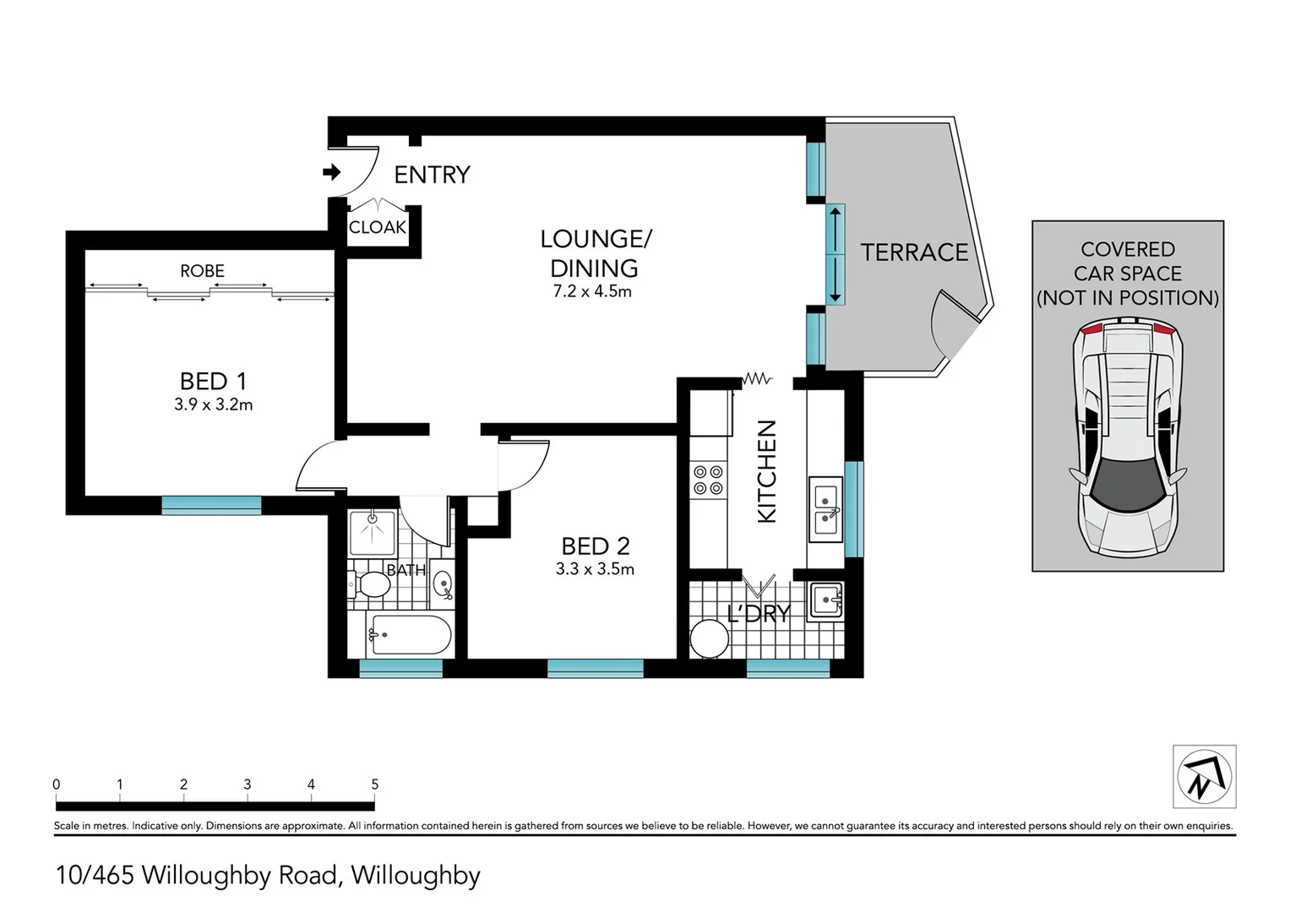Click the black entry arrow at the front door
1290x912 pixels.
pos(331,173)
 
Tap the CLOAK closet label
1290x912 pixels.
pos(378,228)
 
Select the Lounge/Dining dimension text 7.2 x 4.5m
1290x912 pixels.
pos(593,292)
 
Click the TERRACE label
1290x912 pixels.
pos(913,252)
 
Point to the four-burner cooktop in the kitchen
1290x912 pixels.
pos(708,480)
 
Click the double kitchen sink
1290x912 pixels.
pos(825,508)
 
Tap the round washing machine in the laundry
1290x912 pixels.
pos(709,639)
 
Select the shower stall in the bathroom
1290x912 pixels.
pos(372,532)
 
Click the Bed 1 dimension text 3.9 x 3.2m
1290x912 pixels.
pos(213,405)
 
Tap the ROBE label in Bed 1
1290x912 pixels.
pos(202,271)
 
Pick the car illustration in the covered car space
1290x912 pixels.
pos(1127,437)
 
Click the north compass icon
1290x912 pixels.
pos(1204,776)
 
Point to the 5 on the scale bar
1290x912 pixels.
pos(374,784)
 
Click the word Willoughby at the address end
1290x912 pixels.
pos(415,876)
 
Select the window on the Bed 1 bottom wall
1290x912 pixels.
pos(211,505)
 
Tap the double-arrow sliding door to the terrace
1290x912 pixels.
pos(835,253)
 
